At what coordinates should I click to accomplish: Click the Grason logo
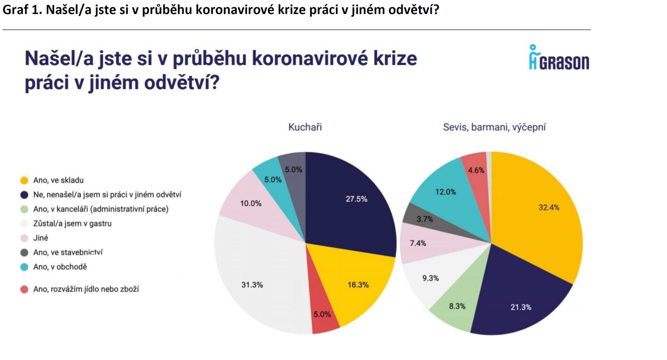(x=559, y=58)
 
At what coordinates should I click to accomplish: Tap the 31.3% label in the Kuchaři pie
(x=252, y=285)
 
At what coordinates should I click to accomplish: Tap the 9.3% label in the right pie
(x=430, y=278)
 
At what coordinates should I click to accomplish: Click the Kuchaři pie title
(x=305, y=127)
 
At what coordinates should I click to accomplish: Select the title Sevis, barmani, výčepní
(x=494, y=127)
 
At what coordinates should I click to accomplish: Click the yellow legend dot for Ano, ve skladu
(x=24, y=180)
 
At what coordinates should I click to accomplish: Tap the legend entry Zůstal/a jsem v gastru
(x=72, y=224)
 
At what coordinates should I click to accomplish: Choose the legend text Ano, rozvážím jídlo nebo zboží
(x=86, y=289)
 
